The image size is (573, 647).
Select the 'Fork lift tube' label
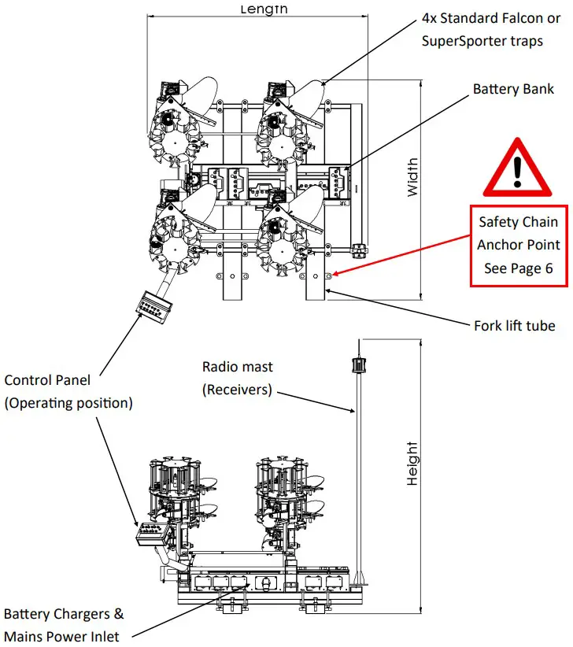(x=514, y=325)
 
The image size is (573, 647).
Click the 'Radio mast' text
(x=237, y=367)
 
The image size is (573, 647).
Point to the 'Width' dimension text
(x=412, y=177)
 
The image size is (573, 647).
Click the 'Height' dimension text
(x=412, y=464)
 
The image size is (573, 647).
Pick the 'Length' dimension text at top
(x=264, y=9)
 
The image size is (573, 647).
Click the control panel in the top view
(x=153, y=305)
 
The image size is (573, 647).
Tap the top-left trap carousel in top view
(x=169, y=126)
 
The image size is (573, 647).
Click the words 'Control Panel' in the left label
(x=47, y=380)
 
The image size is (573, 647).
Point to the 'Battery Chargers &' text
(x=63, y=614)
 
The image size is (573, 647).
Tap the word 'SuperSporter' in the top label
(x=460, y=41)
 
